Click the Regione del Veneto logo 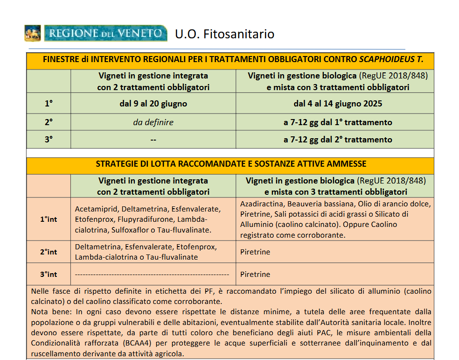click(96, 34)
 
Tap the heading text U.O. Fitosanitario click(224, 34)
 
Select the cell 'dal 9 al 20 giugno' click(153, 104)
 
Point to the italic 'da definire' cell click(153, 122)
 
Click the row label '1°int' click(49, 219)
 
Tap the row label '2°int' click(49, 252)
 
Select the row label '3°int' click(49, 274)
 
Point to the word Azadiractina click(261, 204)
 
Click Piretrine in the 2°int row click(255, 252)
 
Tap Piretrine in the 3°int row click(255, 275)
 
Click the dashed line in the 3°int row click(152, 275)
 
